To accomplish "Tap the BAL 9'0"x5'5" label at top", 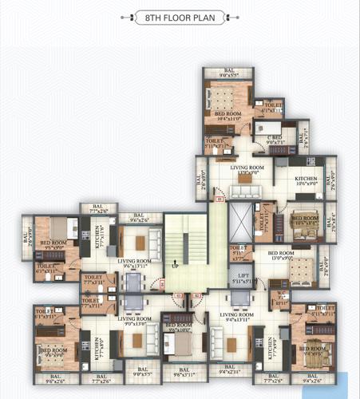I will coord(229,73).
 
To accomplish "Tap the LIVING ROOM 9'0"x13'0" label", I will coord(136,321).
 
